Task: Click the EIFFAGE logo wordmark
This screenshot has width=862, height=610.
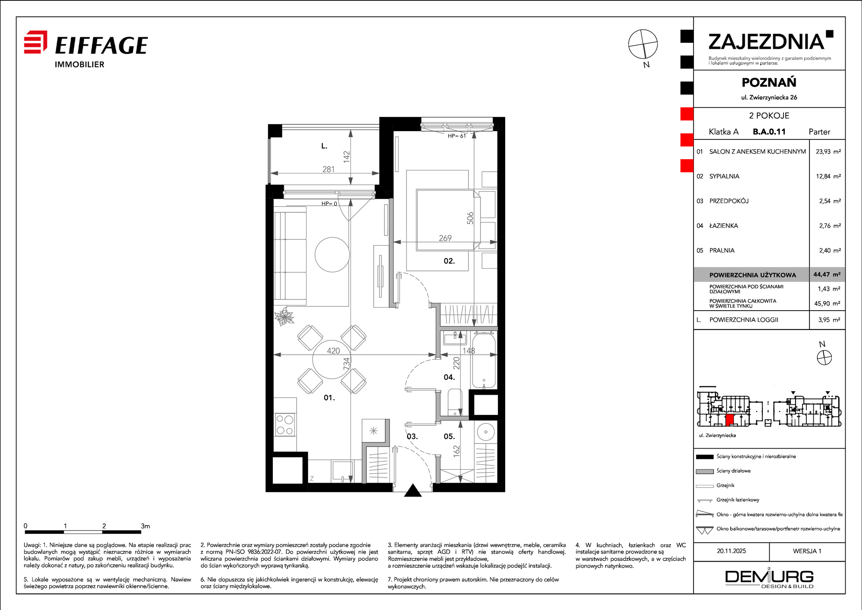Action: [x=101, y=45]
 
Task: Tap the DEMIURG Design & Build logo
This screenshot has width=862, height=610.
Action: [x=769, y=578]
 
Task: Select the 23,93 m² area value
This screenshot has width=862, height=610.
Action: [x=828, y=151]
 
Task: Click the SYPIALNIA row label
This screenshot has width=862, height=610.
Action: [x=724, y=176]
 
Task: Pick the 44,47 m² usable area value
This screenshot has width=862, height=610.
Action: [x=827, y=274]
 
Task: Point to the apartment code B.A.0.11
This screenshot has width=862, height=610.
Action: [x=769, y=132]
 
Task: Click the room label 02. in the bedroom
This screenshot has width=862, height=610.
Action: [x=449, y=261]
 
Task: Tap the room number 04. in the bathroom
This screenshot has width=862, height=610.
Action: [x=449, y=377]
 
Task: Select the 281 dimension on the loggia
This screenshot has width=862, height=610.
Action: [x=328, y=169]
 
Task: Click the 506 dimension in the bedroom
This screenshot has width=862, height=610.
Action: [x=470, y=218]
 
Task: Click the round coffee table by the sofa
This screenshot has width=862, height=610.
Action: [x=332, y=255]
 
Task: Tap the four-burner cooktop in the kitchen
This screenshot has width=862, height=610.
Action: [x=285, y=424]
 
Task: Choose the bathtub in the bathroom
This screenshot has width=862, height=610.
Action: [x=484, y=361]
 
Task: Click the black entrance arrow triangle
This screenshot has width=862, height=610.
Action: [x=413, y=490]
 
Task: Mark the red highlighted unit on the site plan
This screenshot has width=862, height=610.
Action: [x=730, y=420]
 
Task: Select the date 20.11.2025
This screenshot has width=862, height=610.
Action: [x=731, y=551]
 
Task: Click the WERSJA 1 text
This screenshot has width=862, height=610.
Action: [x=807, y=551]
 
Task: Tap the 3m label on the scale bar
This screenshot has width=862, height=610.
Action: [x=145, y=526]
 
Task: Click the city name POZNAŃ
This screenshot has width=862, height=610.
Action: [x=769, y=82]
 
